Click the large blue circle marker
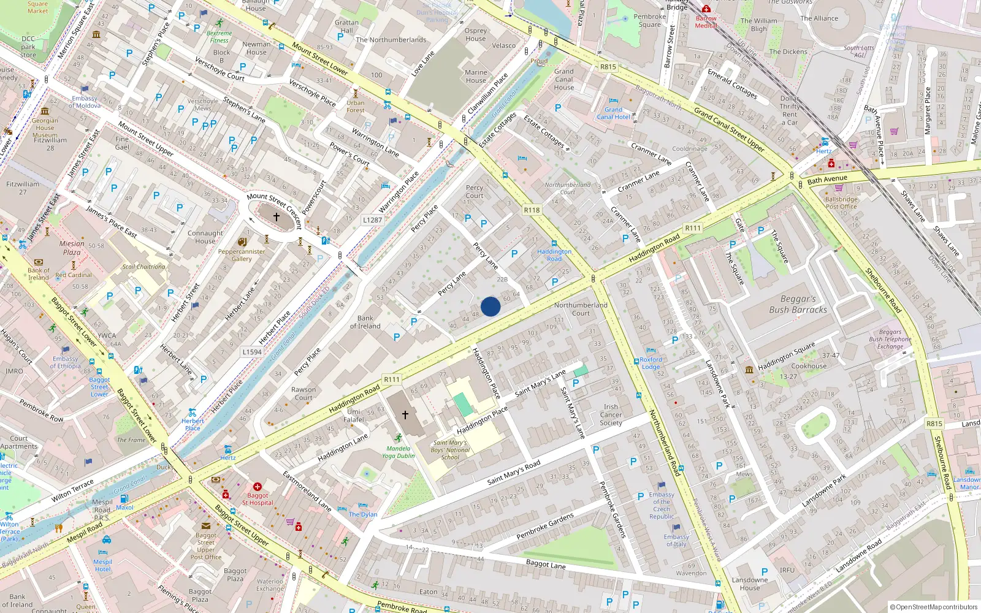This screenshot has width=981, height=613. point(490,306)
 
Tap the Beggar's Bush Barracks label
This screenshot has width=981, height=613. point(798,304)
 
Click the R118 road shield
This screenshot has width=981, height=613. point(532,210)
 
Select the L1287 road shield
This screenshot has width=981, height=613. point(372,219)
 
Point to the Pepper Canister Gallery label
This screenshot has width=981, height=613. point(242,255)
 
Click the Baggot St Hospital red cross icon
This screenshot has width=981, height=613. point(258,487)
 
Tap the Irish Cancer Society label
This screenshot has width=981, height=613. point(611,414)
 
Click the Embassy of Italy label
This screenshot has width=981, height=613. point(676,540)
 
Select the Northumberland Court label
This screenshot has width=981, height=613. point(581,309)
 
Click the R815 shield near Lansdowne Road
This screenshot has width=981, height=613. point(934,424)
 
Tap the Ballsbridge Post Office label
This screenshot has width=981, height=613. point(841,203)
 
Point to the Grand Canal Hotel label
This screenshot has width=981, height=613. point(613,113)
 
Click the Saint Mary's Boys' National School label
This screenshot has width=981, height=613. point(450,450)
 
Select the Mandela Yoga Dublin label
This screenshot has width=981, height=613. point(399,452)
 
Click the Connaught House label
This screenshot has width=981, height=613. point(205,237)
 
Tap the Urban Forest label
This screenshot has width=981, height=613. point(355,107)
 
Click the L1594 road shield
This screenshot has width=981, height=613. point(252,352)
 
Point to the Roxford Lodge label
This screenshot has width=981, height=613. point(651,363)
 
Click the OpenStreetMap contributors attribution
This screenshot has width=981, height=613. point(933,607)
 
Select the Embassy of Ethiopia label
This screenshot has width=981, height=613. point(66,362)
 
